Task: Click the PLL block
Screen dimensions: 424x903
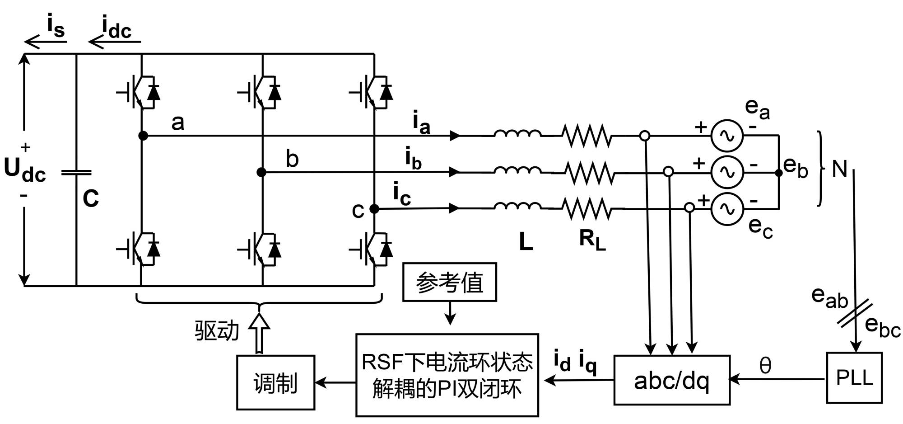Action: coord(854,377)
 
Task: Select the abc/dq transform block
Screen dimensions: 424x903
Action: coord(671,380)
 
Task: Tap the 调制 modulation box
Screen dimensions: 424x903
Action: coord(275,382)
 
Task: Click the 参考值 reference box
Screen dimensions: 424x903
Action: coord(449,282)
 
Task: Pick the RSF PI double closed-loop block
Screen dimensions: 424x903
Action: coord(447,375)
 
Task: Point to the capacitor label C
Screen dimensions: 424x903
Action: coord(91,198)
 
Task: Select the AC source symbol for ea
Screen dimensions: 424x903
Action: coord(726,135)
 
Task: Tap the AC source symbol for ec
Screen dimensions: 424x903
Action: coord(726,209)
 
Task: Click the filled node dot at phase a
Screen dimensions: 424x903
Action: coord(143,135)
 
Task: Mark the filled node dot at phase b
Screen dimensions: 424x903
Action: coord(261,172)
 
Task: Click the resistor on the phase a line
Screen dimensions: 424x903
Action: coord(586,136)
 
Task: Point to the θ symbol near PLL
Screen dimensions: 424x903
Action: coord(765,365)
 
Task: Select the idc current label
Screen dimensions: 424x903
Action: coord(116,28)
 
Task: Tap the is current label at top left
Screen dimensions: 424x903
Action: coord(56,26)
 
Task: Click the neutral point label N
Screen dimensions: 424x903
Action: coord(839,169)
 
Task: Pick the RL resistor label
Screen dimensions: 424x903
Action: coord(592,240)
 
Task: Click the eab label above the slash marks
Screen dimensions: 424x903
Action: coord(829,297)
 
